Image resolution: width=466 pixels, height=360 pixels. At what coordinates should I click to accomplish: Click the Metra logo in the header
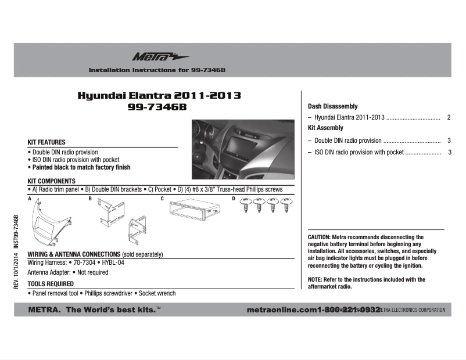click(x=152, y=57)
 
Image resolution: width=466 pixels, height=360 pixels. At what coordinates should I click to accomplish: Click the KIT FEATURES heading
click(x=46, y=142)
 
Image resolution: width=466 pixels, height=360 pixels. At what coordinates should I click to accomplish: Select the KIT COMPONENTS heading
click(x=52, y=181)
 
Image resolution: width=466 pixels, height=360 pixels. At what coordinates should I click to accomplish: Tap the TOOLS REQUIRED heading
click(x=51, y=284)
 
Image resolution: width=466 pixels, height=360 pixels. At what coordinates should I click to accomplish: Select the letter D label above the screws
click(x=234, y=198)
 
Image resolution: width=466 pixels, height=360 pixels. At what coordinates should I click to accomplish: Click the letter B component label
click(x=90, y=199)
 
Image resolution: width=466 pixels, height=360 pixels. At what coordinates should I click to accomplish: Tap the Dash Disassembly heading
click(x=332, y=107)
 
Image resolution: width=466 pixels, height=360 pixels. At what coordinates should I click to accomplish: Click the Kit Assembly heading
click(x=325, y=128)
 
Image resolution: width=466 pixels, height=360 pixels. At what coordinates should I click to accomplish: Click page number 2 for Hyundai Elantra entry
click(x=450, y=117)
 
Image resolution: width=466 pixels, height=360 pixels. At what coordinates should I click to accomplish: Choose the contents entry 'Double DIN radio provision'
click(x=347, y=141)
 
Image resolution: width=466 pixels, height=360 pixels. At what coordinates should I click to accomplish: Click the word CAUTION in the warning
click(x=318, y=237)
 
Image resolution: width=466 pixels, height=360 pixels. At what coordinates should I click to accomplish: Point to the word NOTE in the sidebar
click(x=314, y=279)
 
